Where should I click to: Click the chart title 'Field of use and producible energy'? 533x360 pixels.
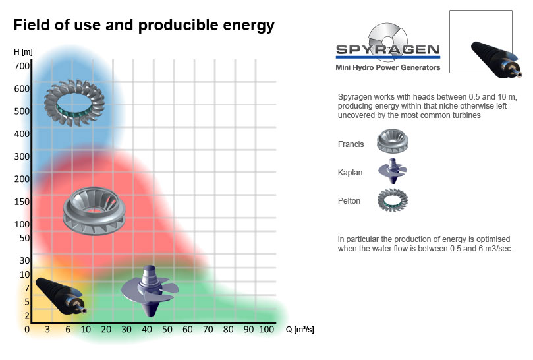144,25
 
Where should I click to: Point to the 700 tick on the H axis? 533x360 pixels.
22,66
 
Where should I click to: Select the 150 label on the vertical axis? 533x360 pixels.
22,202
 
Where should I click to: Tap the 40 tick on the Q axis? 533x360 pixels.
147,330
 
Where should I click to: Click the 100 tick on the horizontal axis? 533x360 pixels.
266,330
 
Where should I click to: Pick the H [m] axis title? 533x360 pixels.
23,52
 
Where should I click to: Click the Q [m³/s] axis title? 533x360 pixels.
300,330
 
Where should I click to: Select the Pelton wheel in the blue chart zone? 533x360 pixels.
74,103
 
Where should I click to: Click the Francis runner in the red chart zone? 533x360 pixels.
94,211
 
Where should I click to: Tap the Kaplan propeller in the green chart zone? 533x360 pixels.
150,291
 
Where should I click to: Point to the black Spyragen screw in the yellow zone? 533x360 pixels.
61,295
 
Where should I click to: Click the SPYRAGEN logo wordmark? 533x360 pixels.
388,49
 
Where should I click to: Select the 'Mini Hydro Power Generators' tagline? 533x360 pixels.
388,67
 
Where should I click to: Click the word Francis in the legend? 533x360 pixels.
351,144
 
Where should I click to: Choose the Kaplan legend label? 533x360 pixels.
350,173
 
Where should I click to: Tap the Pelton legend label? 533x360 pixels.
349,200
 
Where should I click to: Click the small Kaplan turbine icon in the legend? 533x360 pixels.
393,171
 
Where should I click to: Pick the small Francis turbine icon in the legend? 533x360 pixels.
392,141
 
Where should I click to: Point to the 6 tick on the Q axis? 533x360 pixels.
68,330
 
